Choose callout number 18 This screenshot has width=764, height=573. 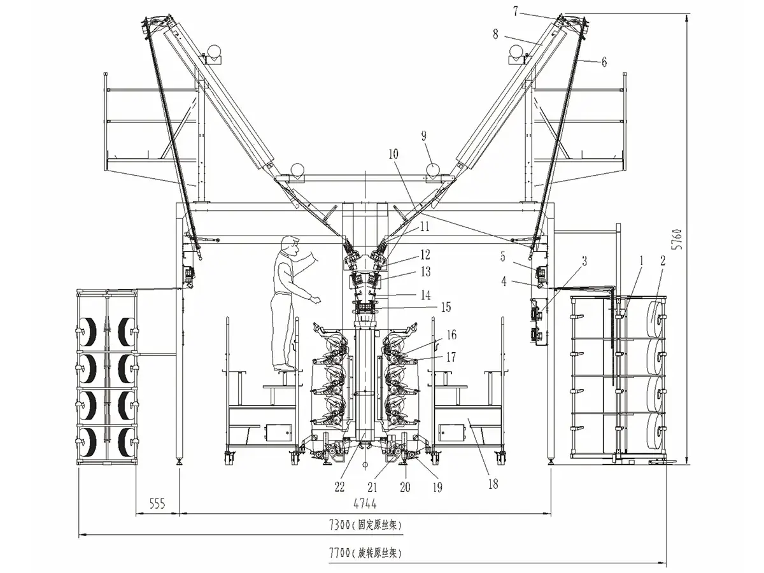(493, 484)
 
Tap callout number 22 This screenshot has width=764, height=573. (340, 487)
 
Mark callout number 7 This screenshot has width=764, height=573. (516, 10)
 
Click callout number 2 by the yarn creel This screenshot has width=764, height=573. (663, 260)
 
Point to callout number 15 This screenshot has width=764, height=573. (445, 307)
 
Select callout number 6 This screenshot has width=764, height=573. (603, 62)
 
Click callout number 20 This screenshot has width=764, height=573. (405, 488)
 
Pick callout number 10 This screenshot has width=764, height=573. (393, 153)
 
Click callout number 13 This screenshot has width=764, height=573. (443, 272)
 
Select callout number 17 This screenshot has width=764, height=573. (450, 357)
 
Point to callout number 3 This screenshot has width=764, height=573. (584, 260)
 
